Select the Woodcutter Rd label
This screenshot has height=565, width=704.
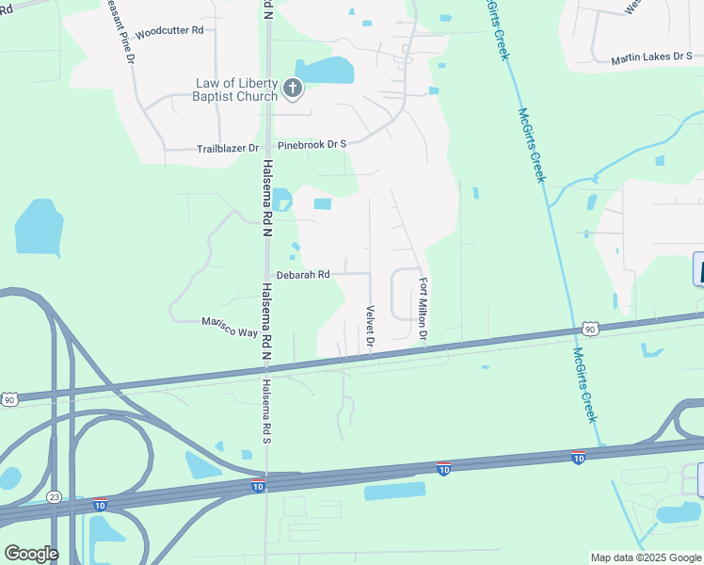pyautogui.click(x=169, y=30)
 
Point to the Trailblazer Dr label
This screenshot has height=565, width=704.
pyautogui.click(x=227, y=149)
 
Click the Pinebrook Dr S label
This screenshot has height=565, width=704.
pyautogui.click(x=312, y=144)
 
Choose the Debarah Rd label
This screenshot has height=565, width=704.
pyautogui.click(x=302, y=275)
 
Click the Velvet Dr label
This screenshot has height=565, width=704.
pyautogui.click(x=370, y=326)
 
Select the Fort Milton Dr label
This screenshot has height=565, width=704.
pyautogui.click(x=424, y=310)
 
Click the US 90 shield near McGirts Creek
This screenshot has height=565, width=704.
pyautogui.click(x=590, y=329)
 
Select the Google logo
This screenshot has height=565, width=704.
pyautogui.click(x=30, y=553)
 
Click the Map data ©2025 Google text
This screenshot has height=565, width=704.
pyautogui.click(x=646, y=557)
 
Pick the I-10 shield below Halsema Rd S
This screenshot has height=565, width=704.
pyautogui.click(x=258, y=486)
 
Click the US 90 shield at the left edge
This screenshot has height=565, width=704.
pyautogui.click(x=8, y=400)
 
